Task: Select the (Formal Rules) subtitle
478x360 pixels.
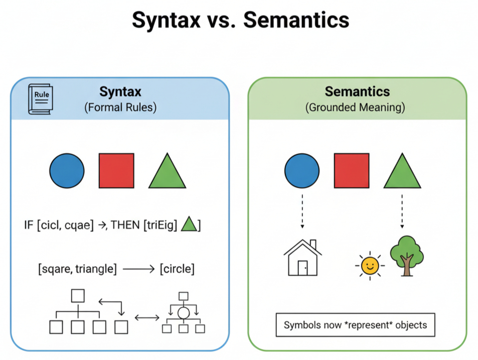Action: point(120,107)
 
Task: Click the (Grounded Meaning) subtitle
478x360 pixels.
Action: point(357,107)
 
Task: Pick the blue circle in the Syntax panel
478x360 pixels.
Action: point(67,171)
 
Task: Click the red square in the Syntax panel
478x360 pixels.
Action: point(116,171)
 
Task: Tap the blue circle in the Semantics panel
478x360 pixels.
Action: point(302,171)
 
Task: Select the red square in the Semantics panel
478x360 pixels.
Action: point(352,171)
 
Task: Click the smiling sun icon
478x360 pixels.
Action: point(370,265)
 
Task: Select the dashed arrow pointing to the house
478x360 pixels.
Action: point(302,211)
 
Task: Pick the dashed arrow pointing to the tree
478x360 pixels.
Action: point(402,211)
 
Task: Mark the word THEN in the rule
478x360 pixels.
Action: point(125,225)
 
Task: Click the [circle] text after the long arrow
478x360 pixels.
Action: point(177,269)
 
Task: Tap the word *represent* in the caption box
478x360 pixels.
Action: point(370,325)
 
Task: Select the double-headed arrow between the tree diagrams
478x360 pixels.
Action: point(147,317)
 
